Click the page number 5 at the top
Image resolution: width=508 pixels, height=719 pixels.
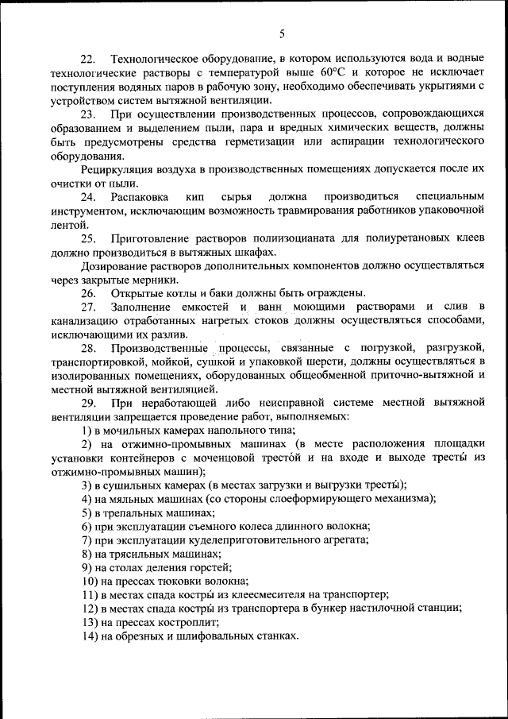pyautogui.click(x=282, y=33)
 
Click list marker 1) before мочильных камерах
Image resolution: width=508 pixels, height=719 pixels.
pyautogui.click(x=87, y=430)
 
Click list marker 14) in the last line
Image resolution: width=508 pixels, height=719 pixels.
pyautogui.click(x=90, y=636)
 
